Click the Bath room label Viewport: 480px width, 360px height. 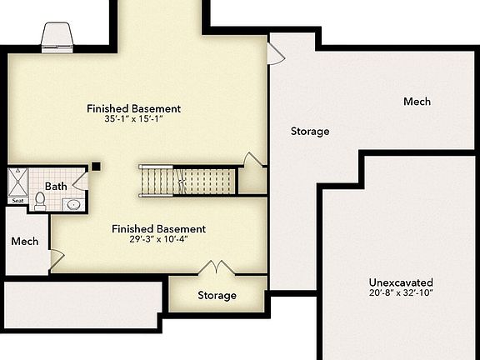(56, 186)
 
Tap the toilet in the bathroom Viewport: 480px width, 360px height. (40, 199)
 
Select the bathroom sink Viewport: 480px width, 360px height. (72, 203)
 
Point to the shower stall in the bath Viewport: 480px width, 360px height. (17, 181)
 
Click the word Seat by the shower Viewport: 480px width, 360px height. (17, 200)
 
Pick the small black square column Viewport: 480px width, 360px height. (97, 166)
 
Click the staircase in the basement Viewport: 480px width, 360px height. (187, 179)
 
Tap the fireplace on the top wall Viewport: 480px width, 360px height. (57, 37)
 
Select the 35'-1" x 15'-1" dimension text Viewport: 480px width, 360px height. (133, 119)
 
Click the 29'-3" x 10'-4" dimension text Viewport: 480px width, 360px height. (158, 240)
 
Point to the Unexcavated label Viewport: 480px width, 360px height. (401, 282)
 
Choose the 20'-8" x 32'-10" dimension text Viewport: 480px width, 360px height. (401, 293)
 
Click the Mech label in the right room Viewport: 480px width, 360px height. (417, 102)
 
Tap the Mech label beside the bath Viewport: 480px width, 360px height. (25, 242)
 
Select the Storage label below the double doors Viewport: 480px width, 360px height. (217, 295)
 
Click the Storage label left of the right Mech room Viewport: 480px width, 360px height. (309, 131)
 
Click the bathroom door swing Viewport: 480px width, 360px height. (80, 179)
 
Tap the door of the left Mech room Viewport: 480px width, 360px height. (56, 259)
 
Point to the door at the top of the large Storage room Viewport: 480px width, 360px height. (275, 53)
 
